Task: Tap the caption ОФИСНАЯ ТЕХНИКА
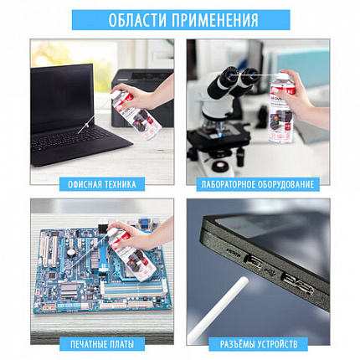tap(102, 183)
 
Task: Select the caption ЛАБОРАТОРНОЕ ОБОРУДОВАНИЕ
tap(258, 183)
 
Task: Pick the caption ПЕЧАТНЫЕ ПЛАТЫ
tap(102, 343)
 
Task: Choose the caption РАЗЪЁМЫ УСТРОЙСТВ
tap(258, 343)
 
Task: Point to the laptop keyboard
tap(80, 144)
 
